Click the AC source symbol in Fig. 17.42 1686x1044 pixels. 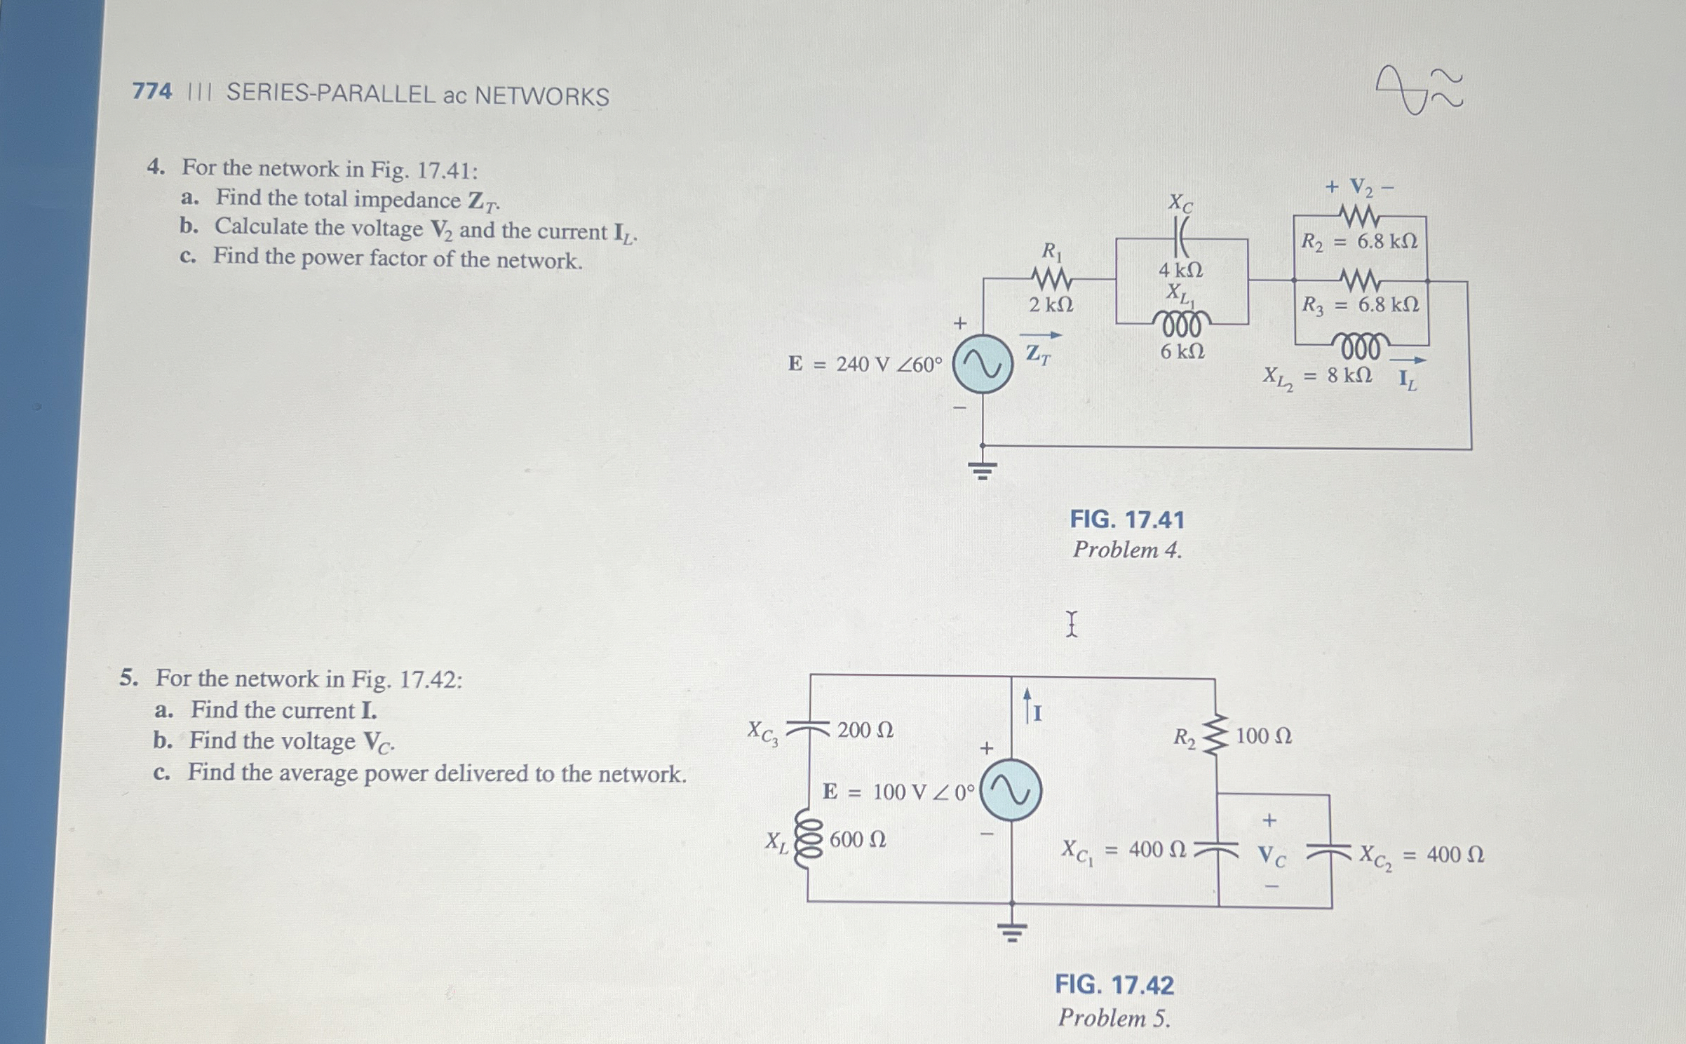1011,790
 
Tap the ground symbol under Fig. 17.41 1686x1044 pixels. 983,470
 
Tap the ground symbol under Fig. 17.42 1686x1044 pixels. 1012,931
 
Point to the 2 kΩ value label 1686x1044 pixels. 1051,305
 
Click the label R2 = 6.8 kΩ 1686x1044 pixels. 1359,242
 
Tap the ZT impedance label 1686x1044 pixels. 1039,353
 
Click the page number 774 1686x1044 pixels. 151,91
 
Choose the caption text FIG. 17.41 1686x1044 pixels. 1126,520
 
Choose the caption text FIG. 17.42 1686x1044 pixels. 1114,985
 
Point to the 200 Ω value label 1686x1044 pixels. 865,730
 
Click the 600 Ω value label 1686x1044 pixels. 857,839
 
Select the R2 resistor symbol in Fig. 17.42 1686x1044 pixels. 1216,735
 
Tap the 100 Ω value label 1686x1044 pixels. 1263,736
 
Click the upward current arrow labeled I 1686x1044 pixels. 1028,705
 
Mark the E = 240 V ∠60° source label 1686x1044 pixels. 865,365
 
